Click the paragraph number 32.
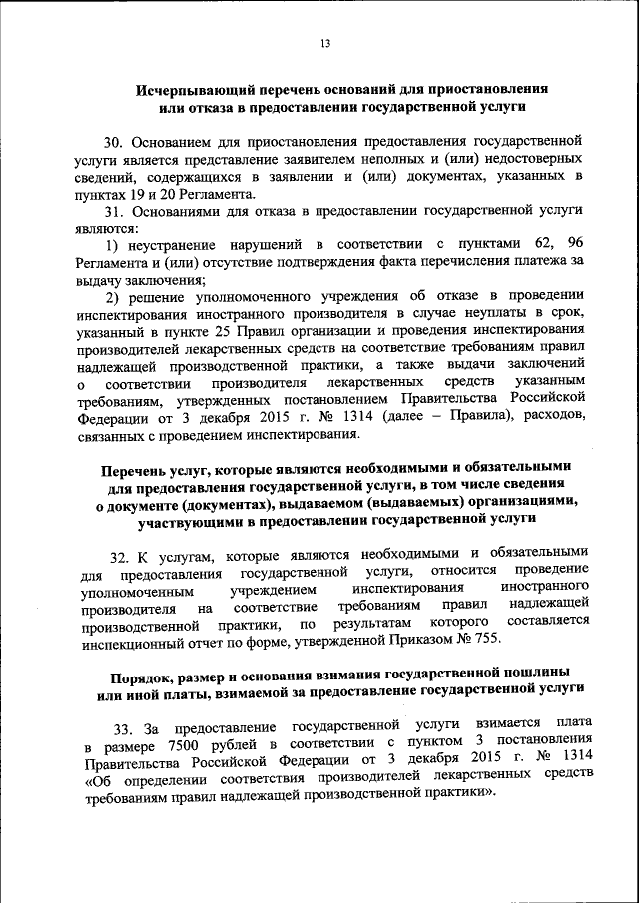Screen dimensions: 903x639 [120, 555]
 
